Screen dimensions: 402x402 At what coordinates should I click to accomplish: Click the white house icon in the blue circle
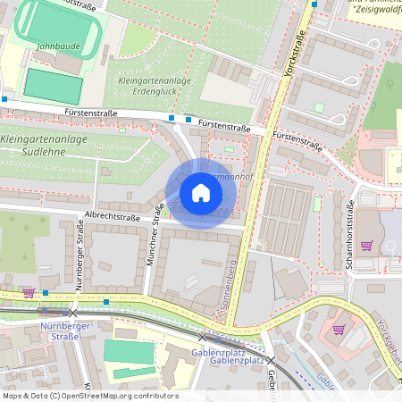tap(200, 193)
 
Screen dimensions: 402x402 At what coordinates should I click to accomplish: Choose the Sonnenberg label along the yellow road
tap(229, 286)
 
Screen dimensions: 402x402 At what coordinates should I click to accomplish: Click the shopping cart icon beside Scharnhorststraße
tap(365, 245)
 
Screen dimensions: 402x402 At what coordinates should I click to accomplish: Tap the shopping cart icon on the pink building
tap(338, 329)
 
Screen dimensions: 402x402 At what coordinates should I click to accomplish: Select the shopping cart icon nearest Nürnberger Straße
tap(28, 291)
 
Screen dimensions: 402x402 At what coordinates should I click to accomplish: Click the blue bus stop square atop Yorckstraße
tap(314, 4)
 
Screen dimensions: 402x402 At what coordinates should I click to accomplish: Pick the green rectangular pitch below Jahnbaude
tap(53, 85)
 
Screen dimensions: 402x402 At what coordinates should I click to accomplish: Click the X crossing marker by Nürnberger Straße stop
tap(73, 313)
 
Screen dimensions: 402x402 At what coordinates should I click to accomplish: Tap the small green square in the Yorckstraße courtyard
tap(319, 107)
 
